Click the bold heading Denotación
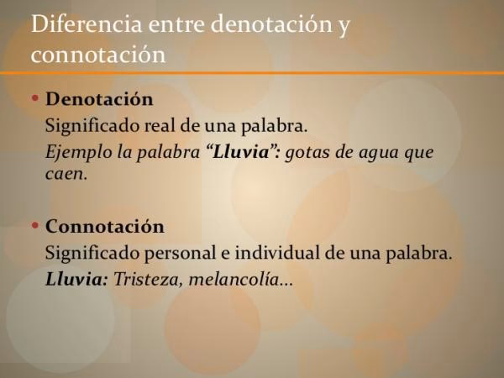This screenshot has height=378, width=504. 99,99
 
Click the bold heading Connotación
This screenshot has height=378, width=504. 105,227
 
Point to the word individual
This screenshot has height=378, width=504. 282,253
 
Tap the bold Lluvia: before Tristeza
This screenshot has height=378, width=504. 76,279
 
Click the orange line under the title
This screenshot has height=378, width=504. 252,73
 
